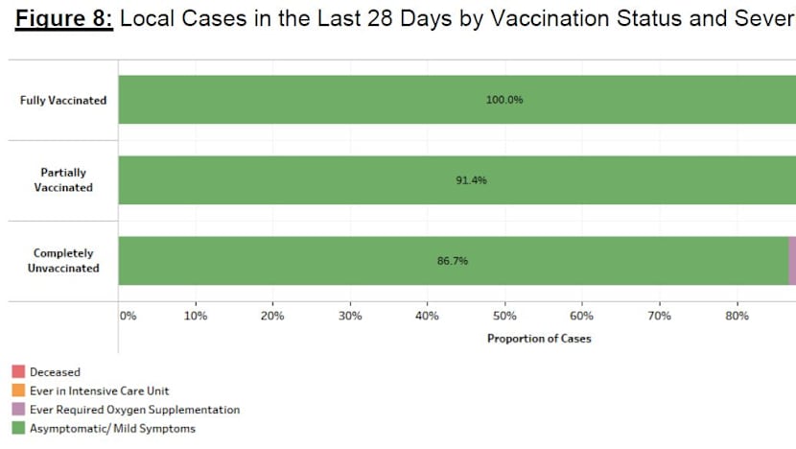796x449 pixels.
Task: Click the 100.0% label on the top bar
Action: pyautogui.click(x=504, y=100)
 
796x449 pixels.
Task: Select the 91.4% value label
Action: pyautogui.click(x=471, y=180)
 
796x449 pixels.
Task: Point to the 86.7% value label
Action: pyautogui.click(x=453, y=261)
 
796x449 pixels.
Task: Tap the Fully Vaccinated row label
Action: pyautogui.click(x=63, y=100)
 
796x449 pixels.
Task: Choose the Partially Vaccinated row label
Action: pyautogui.click(x=63, y=180)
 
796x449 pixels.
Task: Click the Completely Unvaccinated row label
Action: pyautogui.click(x=63, y=261)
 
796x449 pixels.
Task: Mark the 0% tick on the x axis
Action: pyautogui.click(x=126, y=316)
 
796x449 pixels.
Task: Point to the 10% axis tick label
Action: pyautogui.click(x=196, y=316)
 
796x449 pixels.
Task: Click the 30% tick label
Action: pyautogui.click(x=350, y=316)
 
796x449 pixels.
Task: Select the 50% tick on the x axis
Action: pyautogui.click(x=504, y=316)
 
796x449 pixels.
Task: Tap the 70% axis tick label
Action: pyautogui.click(x=659, y=316)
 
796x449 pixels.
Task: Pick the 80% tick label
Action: pyautogui.click(x=737, y=316)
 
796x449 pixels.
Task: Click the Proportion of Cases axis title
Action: pyautogui.click(x=539, y=339)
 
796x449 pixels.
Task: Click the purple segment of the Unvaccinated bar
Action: pyautogui.click(x=792, y=261)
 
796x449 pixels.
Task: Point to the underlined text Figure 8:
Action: pyautogui.click(x=64, y=20)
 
